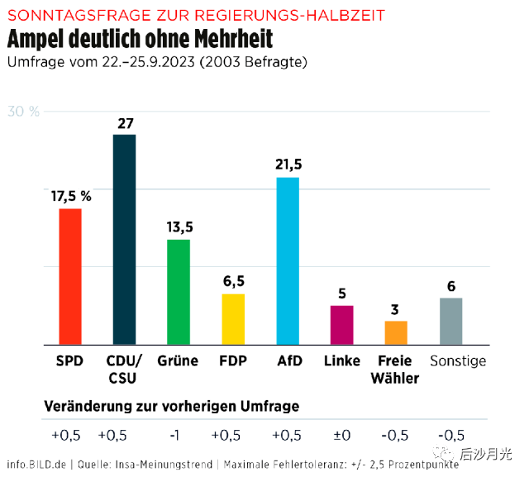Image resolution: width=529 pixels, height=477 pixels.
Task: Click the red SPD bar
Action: pos(69,276)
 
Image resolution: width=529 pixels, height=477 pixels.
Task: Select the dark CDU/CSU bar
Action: pos(124,239)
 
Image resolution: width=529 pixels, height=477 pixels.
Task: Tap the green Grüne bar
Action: pos(179,291)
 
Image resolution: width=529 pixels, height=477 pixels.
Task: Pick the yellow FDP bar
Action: pos(233,318)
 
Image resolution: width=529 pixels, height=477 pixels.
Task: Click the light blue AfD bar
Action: pos(288,260)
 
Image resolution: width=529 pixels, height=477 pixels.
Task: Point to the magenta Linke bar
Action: pos(341,324)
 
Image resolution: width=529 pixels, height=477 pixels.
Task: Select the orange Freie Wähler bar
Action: pos(396,332)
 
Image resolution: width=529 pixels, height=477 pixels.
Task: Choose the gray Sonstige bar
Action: pos(450,321)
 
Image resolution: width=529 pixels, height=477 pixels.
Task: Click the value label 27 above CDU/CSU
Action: pos(125,123)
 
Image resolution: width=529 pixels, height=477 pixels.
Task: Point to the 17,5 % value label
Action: pos(71,196)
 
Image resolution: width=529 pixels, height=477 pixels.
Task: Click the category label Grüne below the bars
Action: pos(178,361)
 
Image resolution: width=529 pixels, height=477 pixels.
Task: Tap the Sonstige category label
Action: pos(458,361)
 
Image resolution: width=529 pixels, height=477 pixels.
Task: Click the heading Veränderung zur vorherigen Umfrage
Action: pos(171,406)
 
